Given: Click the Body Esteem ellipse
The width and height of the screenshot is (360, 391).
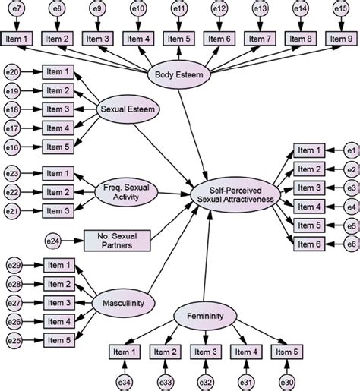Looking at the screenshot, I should (180, 77).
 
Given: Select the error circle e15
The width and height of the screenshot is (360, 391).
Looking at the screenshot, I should (341, 9).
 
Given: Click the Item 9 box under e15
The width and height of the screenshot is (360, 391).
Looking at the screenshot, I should (341, 39).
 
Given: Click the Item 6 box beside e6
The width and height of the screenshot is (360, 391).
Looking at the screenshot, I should (309, 242).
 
